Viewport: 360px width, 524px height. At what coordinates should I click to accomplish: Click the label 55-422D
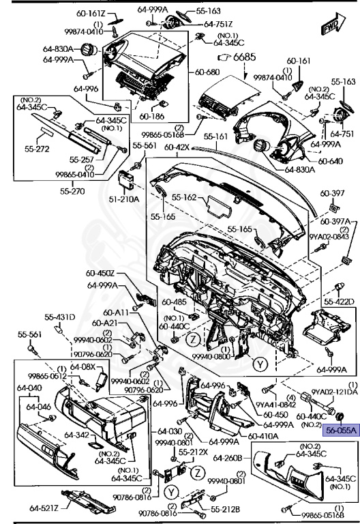pyautogui.click(x=340, y=301)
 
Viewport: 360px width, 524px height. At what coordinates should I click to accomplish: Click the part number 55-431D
pyautogui.click(x=60, y=317)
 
